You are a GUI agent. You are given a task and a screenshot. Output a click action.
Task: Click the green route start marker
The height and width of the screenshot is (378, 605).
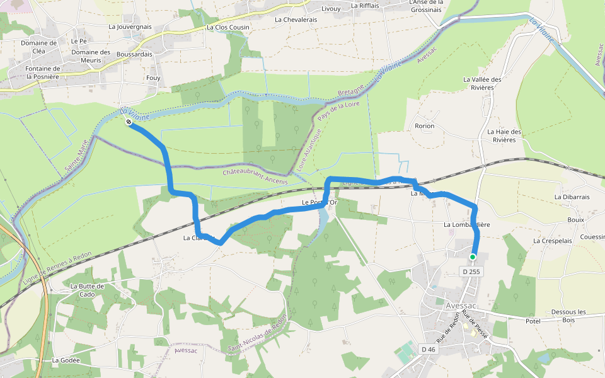pos(472,256)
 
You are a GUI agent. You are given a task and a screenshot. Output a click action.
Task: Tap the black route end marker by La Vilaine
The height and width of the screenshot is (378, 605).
pos(129,122)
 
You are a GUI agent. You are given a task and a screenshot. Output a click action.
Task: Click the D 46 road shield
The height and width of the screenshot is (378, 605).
pos(429,349)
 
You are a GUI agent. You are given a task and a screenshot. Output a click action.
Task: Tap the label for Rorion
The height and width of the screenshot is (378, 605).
pos(425,126)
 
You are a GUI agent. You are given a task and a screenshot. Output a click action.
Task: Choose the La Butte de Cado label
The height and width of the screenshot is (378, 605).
pos(87,290)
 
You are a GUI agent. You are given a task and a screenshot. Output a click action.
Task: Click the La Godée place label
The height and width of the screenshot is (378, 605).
pos(66,360)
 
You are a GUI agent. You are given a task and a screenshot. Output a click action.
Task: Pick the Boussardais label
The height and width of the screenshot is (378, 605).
pos(134,54)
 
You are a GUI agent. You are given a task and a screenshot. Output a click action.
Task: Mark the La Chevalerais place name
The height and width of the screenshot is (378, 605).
pos(296,20)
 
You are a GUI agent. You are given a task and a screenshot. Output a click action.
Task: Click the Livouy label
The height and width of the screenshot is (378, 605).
pos(331,8)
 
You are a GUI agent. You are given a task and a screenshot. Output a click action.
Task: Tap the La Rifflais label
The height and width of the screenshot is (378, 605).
pos(365,5)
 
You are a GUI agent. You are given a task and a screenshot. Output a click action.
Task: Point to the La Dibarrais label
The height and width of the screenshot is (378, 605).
pos(572,197)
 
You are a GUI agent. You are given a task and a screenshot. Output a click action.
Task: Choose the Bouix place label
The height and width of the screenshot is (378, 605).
pos(575,220)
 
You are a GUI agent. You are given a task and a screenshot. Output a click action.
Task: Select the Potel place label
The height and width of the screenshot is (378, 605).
pos(533,321)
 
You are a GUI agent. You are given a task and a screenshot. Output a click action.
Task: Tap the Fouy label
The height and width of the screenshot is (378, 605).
pos(153,78)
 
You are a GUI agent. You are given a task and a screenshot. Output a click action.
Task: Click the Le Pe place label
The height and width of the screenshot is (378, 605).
pos(79,41)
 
